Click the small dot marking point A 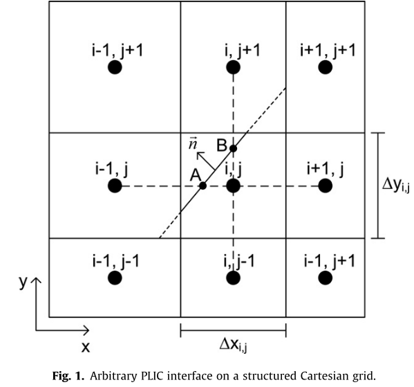[x=203, y=186]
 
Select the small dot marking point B [x=234, y=148]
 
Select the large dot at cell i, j [x=233, y=186]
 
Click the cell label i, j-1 [x=233, y=260]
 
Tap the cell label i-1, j [x=115, y=168]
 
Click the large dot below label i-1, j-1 [x=115, y=278]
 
